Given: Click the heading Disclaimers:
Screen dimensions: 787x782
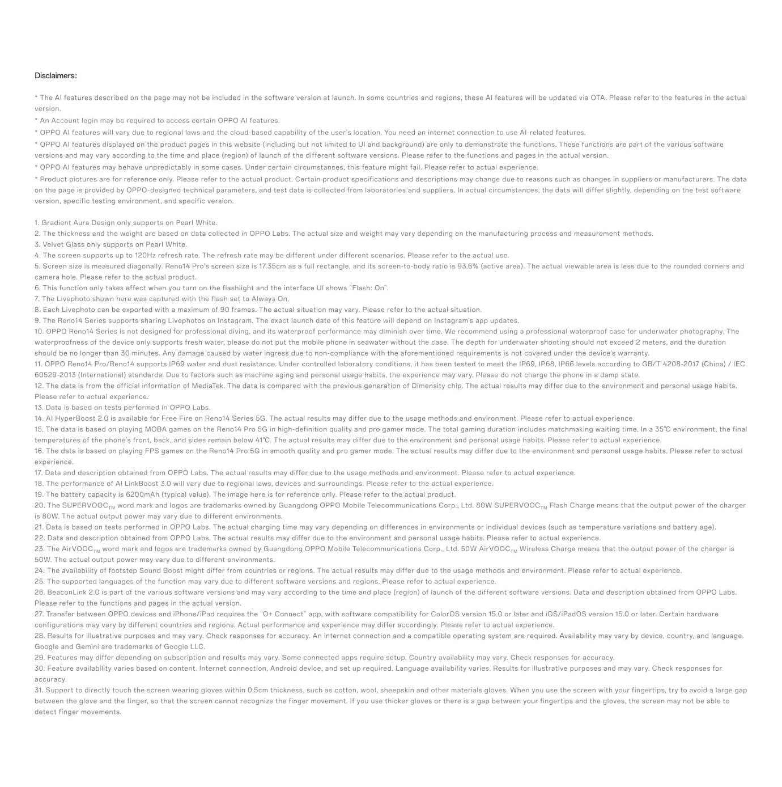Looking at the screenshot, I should (56, 76).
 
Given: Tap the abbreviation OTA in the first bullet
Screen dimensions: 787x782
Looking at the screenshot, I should (597, 98).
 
